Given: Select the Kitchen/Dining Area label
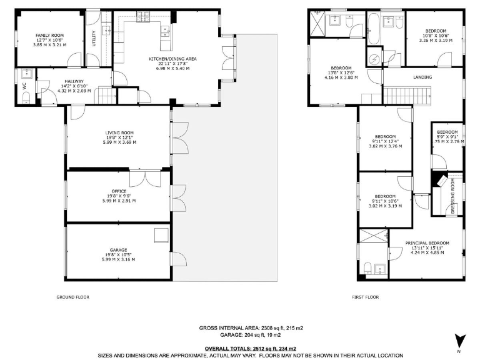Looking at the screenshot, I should click(x=172, y=59).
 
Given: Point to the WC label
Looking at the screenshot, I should click(x=25, y=87).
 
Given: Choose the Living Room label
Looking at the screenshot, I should click(x=119, y=132).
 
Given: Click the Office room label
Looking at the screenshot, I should click(x=119, y=191).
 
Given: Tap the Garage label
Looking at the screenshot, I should click(x=119, y=249).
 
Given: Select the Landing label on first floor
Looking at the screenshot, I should click(x=422, y=77).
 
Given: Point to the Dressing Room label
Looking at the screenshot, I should click(x=453, y=196).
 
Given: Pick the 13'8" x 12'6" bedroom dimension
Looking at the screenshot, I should click(x=341, y=74).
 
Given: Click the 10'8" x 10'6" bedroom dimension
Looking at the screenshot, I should click(x=436, y=36).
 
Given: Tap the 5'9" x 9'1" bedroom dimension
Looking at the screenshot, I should click(x=447, y=137).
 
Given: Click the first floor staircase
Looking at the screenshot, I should click(x=406, y=96).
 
